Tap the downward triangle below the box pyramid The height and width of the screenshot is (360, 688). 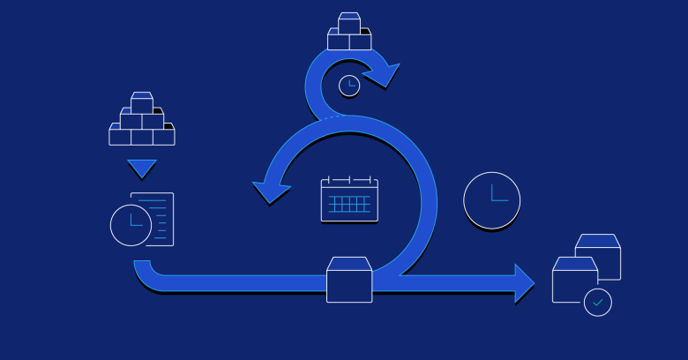tap(141, 168)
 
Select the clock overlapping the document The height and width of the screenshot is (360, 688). tap(131, 224)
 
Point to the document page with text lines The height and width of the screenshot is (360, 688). tap(157, 218)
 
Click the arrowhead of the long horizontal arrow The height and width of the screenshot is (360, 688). tap(524, 283)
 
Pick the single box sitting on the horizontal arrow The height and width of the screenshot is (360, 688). tap(349, 280)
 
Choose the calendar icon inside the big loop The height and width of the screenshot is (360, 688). tap(349, 199)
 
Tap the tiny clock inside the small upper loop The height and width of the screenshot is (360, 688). tap(349, 86)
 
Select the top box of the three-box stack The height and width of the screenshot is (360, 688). tap(349, 24)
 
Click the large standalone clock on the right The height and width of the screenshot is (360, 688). tap(491, 200)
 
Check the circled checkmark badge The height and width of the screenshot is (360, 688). tap(598, 302)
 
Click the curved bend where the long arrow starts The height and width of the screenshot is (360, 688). tap(146, 274)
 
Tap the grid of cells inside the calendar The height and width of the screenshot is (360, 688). tap(349, 204)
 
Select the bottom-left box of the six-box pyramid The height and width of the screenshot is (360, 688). tap(120, 136)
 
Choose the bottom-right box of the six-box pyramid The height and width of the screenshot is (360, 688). tap(163, 136)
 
